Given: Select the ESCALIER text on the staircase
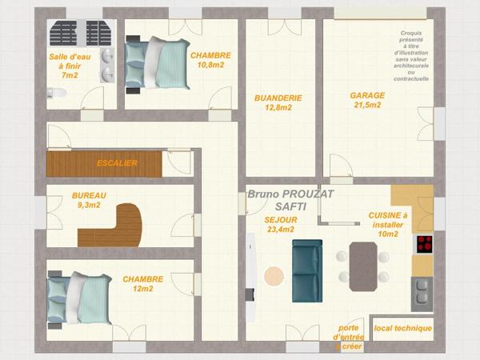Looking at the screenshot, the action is click(118, 163).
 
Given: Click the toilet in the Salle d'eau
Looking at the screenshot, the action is click(56, 93).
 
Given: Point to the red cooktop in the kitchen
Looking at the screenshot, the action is click(425, 244).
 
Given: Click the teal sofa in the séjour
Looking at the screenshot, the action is click(307, 271).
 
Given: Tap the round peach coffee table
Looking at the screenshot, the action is click(274, 276).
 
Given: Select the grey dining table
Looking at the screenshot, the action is click(363, 266).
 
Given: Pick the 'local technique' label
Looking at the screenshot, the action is click(403, 329).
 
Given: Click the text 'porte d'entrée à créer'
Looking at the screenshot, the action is click(349, 338).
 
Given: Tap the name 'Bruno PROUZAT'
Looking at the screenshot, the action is click(290, 194).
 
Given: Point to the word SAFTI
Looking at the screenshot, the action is click(290, 206).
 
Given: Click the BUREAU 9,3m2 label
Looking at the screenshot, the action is click(89, 200).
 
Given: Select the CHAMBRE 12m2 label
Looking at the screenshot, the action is click(143, 284).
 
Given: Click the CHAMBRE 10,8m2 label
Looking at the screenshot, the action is click(210, 60).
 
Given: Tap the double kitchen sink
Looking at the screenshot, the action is click(422, 294).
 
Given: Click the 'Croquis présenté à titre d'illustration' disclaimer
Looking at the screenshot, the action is click(411, 56).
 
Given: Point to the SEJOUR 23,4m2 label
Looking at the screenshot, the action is click(281, 224).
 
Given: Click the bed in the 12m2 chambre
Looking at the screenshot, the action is click(79, 298).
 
